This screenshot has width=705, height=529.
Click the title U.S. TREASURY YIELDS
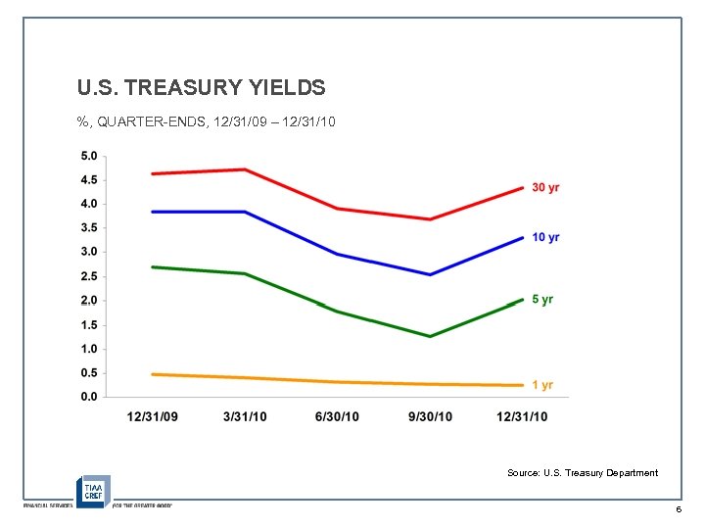(201, 88)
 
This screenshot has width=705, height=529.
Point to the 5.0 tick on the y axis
(88, 156)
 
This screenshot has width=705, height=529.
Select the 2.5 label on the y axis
(88, 276)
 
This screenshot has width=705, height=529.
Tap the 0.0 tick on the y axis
(88, 397)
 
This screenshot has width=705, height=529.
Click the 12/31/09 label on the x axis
(153, 417)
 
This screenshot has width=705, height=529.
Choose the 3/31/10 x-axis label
(245, 417)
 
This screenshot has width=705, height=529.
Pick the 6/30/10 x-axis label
(337, 417)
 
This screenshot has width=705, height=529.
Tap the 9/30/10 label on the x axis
(430, 417)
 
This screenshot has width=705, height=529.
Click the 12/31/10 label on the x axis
(522, 417)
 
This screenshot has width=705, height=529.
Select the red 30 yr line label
(545, 187)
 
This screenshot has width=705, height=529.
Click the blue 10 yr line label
(545, 238)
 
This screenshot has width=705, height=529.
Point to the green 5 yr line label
(542, 300)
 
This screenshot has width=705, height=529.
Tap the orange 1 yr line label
(542, 385)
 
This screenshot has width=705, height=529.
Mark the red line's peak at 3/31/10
(245, 169)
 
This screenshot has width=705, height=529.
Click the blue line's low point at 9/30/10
(430, 274)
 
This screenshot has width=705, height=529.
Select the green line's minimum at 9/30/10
(430, 336)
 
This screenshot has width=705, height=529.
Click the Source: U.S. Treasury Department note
(583, 473)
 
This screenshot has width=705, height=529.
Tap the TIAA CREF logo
(94, 490)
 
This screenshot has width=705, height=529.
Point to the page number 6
(678, 511)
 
